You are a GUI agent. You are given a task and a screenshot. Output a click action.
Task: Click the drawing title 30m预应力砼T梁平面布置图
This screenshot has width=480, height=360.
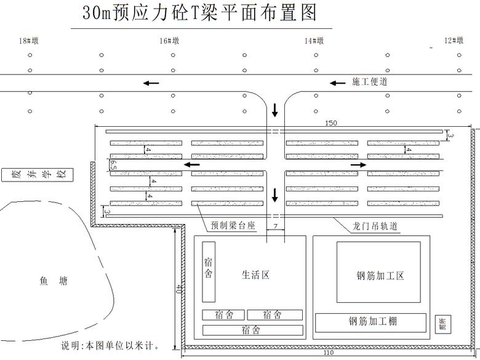click(x=199, y=13)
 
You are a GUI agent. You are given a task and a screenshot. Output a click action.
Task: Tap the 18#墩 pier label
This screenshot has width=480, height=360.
click(x=29, y=41)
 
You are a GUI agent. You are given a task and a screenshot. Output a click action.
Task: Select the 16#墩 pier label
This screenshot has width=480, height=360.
click(x=169, y=41)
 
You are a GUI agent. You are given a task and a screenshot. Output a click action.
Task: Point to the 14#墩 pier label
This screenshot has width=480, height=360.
click(x=314, y=41)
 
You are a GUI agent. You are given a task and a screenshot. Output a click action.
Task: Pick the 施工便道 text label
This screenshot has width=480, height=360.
click(x=370, y=82)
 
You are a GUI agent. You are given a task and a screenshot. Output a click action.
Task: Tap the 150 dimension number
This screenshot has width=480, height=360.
click(x=330, y=123)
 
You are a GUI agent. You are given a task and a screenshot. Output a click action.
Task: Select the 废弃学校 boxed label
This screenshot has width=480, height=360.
click(x=36, y=175)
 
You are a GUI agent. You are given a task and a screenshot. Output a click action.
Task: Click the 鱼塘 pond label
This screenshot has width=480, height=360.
click(x=54, y=281)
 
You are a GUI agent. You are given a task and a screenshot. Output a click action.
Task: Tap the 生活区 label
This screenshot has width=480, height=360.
click(x=255, y=275)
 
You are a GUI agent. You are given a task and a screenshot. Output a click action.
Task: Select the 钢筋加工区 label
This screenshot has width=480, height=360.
click(x=380, y=276)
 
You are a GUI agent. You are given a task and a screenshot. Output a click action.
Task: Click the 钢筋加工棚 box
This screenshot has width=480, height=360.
click(x=370, y=322)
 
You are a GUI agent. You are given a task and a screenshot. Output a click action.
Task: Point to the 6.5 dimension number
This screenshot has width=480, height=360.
click(x=113, y=165)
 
